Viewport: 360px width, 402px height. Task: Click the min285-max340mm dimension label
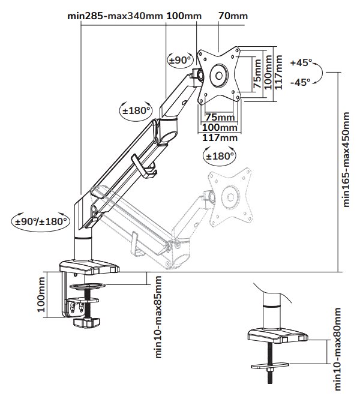(115, 16)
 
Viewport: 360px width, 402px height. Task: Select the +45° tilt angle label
(301, 62)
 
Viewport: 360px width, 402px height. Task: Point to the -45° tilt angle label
(300, 82)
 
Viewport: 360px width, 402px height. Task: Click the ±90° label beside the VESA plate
(180, 60)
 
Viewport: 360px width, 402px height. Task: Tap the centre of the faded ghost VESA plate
(229, 196)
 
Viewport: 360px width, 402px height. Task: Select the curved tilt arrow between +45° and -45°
(322, 73)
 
